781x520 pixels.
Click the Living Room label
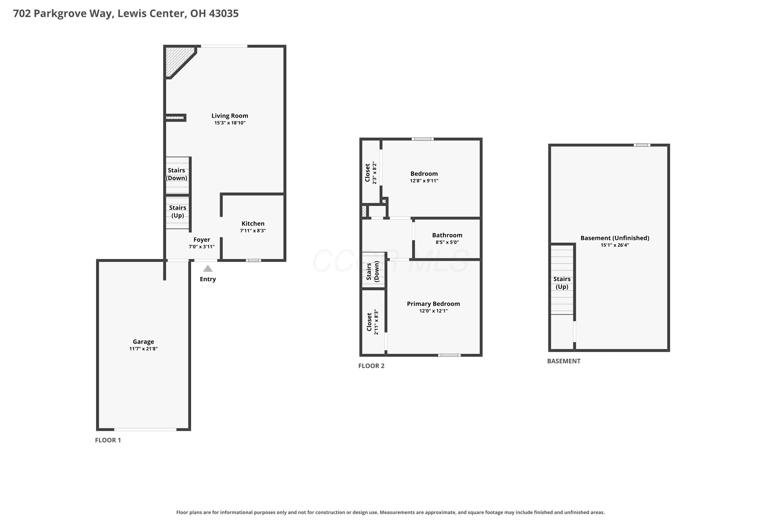(x=230, y=116)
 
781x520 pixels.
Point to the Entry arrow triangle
(x=208, y=268)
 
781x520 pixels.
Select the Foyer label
(x=202, y=240)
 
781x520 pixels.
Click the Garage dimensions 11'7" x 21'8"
(x=143, y=349)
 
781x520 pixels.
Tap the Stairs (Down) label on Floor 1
(x=176, y=174)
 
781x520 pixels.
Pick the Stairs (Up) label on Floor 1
(x=178, y=212)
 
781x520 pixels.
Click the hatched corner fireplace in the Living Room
(x=178, y=60)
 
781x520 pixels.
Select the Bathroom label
(x=447, y=235)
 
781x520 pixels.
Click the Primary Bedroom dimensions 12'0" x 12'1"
(x=434, y=311)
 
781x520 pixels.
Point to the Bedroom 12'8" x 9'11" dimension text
(x=424, y=181)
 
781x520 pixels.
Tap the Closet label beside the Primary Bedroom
(x=369, y=322)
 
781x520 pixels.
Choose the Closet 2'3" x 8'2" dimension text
(x=375, y=173)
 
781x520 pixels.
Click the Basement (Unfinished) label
(x=615, y=238)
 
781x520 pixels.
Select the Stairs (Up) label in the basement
(x=562, y=283)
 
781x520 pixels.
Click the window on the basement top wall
(x=642, y=145)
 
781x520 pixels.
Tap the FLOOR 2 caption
(x=371, y=366)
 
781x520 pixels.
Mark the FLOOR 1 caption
(x=108, y=440)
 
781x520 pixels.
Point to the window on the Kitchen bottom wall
(x=253, y=260)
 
